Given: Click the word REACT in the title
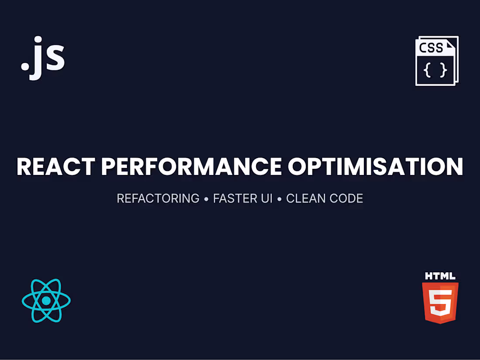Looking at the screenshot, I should tap(55, 166).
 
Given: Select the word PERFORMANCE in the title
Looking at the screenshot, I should tap(191, 166).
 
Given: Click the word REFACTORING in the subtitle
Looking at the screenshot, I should tap(158, 199).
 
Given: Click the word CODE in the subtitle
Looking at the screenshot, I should tap(346, 199).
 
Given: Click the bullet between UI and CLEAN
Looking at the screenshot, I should tap(279, 199).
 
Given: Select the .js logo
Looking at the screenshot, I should tap(43, 58).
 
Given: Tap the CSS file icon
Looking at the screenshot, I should tap(437, 61).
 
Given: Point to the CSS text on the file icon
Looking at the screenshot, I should tap(431, 48).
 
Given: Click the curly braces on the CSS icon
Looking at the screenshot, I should tap(435, 70).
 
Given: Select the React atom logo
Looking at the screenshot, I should tap(46, 301).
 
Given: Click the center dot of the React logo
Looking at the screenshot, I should tap(46, 301).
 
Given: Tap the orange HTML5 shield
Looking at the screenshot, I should tap(440, 302).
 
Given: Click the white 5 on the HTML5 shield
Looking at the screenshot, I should tap(439, 302).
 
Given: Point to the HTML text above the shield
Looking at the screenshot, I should tap(440, 276).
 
